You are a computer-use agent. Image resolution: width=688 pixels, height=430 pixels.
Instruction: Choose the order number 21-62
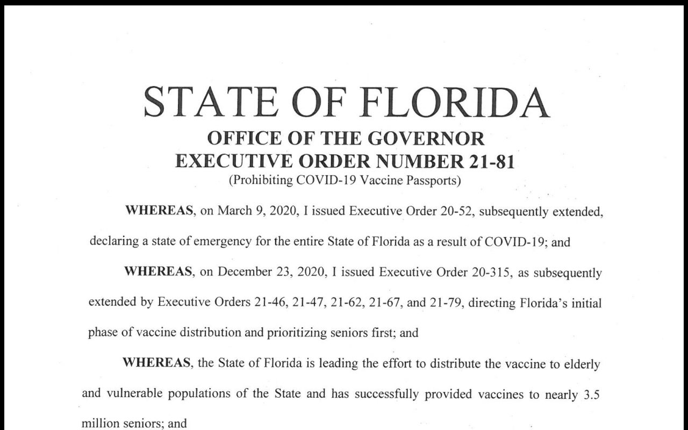pos(343,302)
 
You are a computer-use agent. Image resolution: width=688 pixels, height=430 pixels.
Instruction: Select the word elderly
pos(581,364)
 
